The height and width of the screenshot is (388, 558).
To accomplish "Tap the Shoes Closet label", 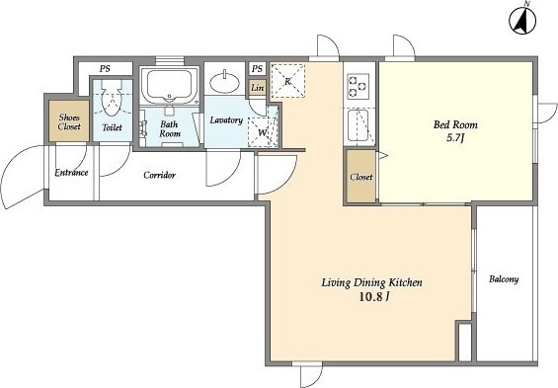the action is coord(69,122).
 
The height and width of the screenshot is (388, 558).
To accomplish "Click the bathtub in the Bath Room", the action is coord(170,85).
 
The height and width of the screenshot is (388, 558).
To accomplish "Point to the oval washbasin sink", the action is coord(224,82).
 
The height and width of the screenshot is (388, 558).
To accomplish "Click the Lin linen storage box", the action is coord(257,87).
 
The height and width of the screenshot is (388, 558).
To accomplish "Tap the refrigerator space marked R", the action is coord(288,81).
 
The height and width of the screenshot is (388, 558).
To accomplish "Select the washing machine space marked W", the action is coord(263,132).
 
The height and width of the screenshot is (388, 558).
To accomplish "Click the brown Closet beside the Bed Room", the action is coord(360,177).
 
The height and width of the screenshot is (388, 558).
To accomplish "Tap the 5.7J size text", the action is coord(455,138).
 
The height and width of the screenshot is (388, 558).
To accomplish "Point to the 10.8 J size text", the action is coord(374,297).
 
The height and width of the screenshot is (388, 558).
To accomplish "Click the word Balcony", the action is coord(504,279).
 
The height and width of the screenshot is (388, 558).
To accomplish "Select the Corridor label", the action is coord(159,175).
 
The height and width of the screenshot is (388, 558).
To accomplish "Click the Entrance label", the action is coord(71,173).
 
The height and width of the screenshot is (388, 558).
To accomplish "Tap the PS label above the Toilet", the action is coord(105,69).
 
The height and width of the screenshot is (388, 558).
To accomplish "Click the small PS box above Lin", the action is coord(258,68).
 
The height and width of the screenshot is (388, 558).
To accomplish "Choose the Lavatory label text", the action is coord(226,120).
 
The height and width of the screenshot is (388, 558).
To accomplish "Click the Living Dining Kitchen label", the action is coord(372,282).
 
